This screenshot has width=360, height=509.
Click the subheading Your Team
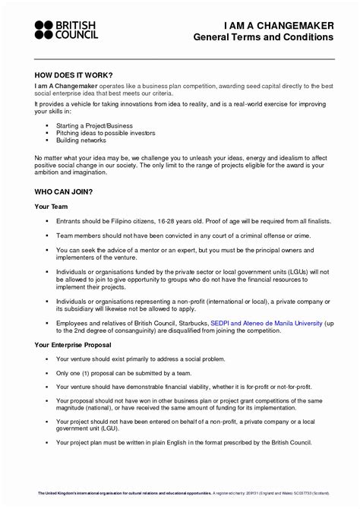pos(52,207)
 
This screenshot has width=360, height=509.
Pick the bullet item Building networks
pos(81,141)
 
